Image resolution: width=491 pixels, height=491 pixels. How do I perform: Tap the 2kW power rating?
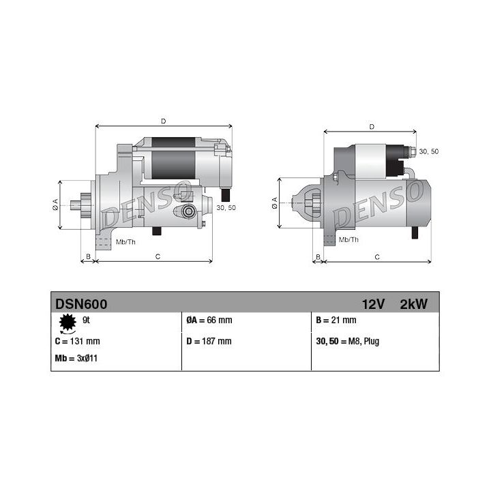click(413, 304)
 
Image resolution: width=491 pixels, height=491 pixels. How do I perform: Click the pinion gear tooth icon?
click(66, 322)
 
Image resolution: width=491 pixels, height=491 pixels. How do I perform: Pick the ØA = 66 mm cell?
click(209, 321)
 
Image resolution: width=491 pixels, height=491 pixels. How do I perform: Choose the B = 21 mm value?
click(336, 321)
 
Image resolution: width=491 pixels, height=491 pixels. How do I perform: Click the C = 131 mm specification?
click(77, 341)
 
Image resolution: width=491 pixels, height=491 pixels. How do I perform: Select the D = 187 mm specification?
click(209, 341)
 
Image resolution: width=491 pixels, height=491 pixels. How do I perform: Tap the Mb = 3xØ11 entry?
click(76, 358)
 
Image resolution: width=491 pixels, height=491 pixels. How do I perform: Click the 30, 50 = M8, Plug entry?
click(348, 341)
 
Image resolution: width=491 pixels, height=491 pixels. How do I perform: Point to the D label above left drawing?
click(163, 121)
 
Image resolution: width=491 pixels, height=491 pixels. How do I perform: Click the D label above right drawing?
click(371, 126)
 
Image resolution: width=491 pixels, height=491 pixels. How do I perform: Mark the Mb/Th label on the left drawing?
click(125, 242)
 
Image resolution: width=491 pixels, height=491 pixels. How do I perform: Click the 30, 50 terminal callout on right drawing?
click(428, 151)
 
